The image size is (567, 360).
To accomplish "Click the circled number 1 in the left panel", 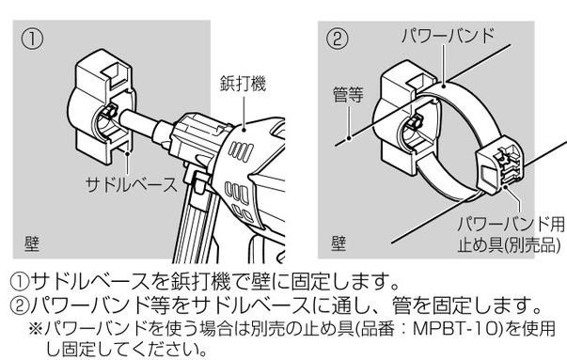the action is tap(32, 39).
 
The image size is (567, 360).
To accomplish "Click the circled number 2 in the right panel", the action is tap(337, 39).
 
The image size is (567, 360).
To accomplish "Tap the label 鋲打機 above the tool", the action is tap(243, 84).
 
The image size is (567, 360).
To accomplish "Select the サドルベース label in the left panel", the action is tap(132, 184).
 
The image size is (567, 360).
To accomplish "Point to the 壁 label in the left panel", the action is tap(32, 243).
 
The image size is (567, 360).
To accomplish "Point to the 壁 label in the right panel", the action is tap(339, 243).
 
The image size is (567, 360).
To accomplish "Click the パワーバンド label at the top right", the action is tap(448, 36).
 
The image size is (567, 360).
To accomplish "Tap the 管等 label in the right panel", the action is tap(348, 95).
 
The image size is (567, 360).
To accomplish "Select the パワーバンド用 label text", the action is tap(511, 224).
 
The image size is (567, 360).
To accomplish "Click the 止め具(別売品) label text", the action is tap(509, 245).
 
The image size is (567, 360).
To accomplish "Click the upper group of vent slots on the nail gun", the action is tap(241, 150).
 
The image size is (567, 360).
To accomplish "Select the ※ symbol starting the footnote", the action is tap(36, 329).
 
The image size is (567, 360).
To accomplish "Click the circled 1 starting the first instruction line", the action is tap(19, 281).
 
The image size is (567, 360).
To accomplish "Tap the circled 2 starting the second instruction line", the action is tap(19, 305).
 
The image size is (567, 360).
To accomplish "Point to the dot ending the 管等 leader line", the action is tap(349, 138).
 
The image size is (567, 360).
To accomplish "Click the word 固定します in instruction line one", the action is tap(339, 281).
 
